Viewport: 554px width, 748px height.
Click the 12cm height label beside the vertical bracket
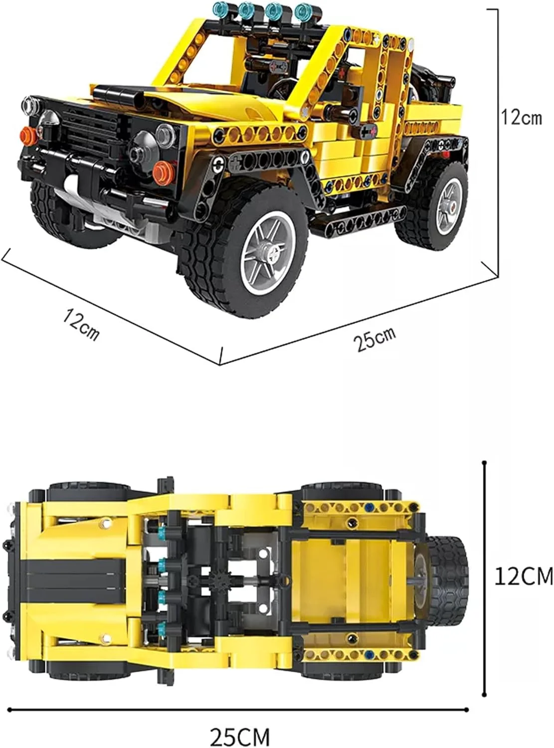(x=521, y=117)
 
